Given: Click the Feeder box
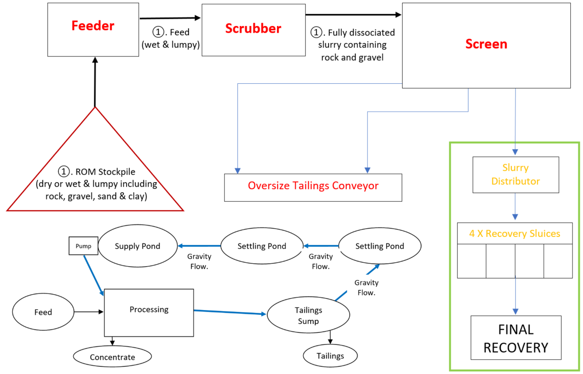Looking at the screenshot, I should (93, 30).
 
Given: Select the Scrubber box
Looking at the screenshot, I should (253, 30).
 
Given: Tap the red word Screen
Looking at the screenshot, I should (486, 44).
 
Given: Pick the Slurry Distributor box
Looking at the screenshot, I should (516, 174).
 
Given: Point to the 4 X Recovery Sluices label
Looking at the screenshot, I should (515, 233).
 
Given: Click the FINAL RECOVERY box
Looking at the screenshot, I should (516, 338).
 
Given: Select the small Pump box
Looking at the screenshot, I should (83, 246).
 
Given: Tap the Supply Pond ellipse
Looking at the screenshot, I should (138, 246).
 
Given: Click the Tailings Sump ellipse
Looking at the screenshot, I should (308, 316).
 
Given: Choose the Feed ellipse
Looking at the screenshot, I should (43, 313).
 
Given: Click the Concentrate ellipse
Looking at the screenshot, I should (112, 357).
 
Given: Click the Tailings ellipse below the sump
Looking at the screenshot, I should (330, 356).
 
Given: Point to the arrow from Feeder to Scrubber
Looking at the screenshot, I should (170, 18).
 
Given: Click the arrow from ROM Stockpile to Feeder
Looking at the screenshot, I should (95, 82).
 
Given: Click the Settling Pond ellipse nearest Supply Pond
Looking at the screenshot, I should (261, 246).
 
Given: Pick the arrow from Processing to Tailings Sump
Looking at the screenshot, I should (230, 313).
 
